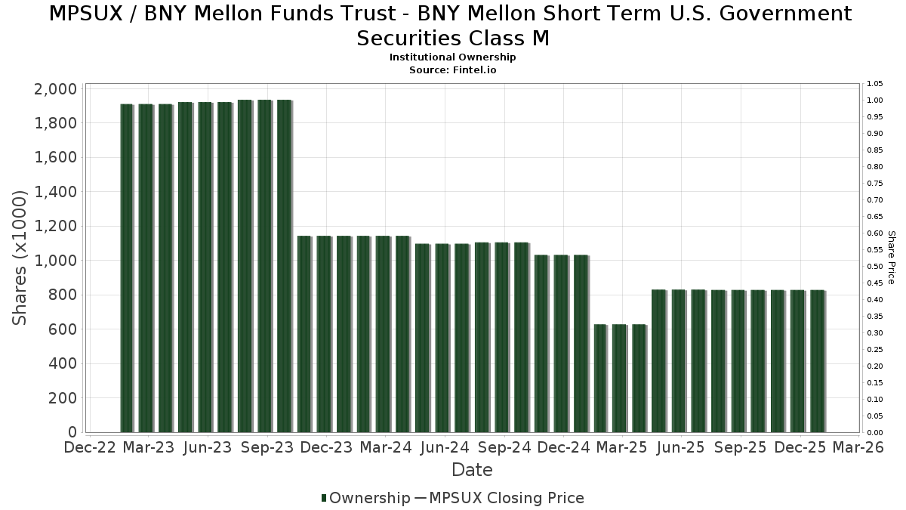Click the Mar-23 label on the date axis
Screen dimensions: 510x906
[149, 447]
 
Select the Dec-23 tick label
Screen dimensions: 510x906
[326, 447]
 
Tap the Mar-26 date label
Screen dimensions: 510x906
[859, 447]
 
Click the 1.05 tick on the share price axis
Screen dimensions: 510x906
[874, 84]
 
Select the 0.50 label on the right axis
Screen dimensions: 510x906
[874, 267]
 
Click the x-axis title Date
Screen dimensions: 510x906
[472, 470]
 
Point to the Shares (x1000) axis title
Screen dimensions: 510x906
[20, 258]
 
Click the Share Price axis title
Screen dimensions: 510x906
[891, 258]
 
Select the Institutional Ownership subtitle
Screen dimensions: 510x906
[453, 57]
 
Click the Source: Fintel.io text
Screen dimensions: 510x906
[453, 70]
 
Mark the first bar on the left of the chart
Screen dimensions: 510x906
[126, 268]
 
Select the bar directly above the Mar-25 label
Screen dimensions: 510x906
[620, 378]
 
